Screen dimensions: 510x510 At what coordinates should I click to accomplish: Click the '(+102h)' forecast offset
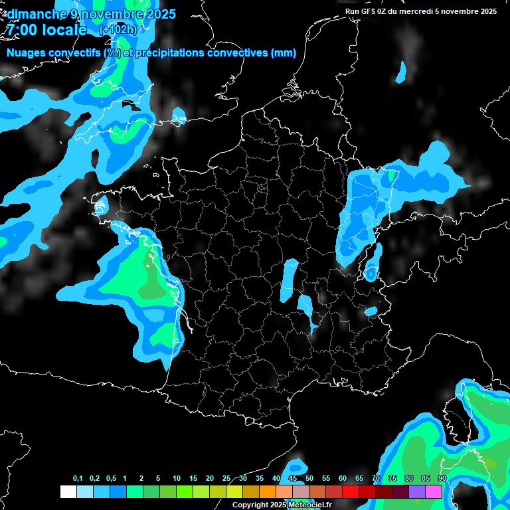(x=118, y=30)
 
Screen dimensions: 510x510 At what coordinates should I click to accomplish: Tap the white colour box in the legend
(x=68, y=491)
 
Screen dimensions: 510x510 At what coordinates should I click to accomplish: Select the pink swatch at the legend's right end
(x=434, y=491)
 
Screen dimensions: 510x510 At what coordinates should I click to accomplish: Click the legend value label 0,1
(x=78, y=479)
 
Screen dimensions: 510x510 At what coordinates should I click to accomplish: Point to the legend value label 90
(x=442, y=479)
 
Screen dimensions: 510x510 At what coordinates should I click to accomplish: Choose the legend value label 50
(x=309, y=479)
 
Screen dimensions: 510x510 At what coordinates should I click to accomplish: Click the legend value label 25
(x=226, y=479)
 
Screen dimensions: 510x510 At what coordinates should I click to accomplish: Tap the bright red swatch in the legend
(x=351, y=491)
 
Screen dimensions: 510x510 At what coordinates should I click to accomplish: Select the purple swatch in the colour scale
(x=417, y=491)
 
